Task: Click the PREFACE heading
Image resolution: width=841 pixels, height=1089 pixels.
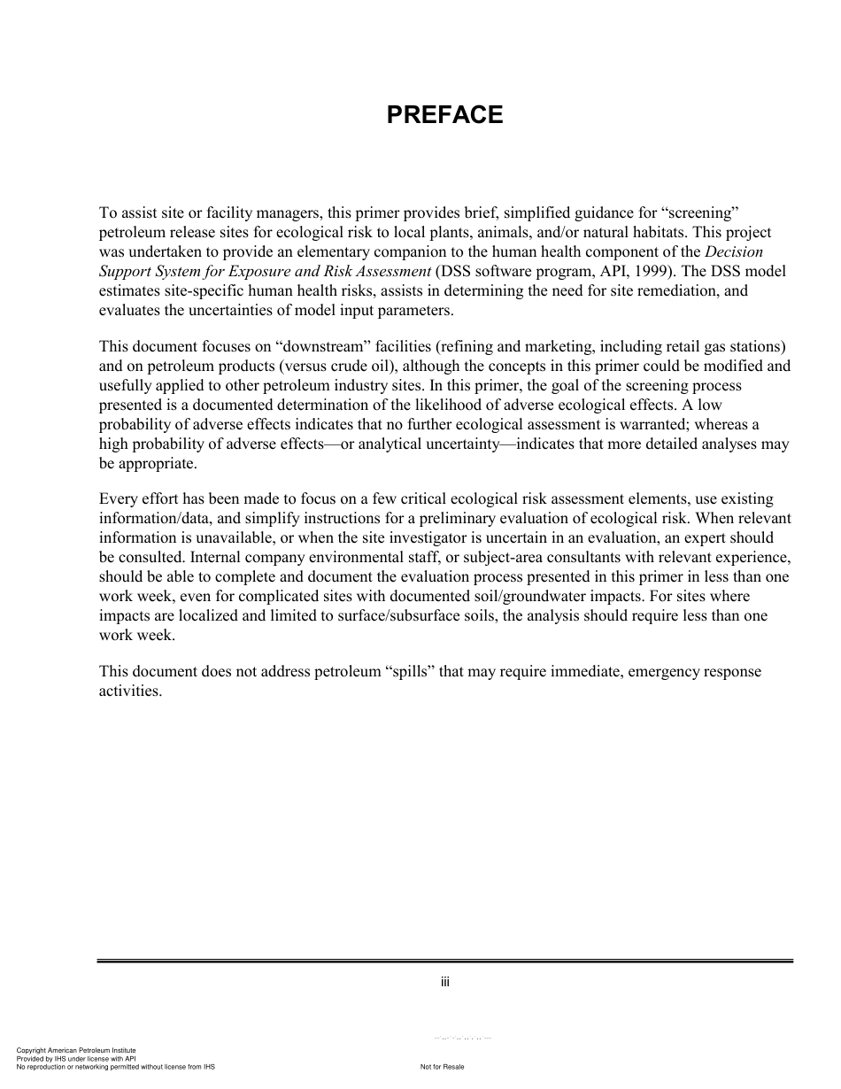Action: pyautogui.click(x=444, y=115)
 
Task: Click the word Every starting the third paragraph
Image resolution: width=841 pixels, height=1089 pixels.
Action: pyautogui.click(x=118, y=499)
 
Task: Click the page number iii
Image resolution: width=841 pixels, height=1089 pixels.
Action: pyautogui.click(x=445, y=982)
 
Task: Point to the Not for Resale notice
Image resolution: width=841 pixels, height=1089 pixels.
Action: pyautogui.click(x=443, y=1067)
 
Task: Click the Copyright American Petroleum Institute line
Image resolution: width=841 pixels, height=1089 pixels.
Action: pyautogui.click(x=76, y=1050)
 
